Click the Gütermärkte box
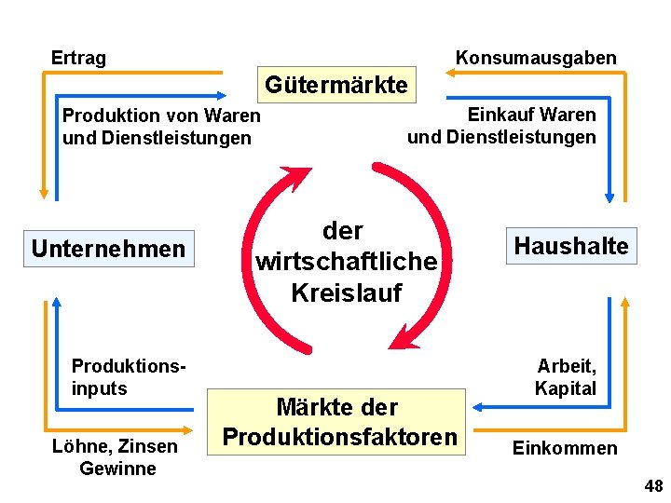coord(336,86)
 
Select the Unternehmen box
coord(108,249)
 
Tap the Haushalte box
coord(571,246)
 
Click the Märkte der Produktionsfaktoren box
coord(340,422)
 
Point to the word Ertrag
coord(78,58)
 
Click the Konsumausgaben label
coord(535,58)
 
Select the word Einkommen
coord(565,448)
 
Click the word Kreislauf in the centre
coord(346,292)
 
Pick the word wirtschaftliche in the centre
coord(346,261)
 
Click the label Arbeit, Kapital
coord(566,377)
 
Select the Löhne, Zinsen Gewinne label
coord(117,456)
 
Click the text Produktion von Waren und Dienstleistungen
coord(160,127)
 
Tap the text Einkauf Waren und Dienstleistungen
coord(501,126)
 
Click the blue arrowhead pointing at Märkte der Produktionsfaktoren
coord(476,406)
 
